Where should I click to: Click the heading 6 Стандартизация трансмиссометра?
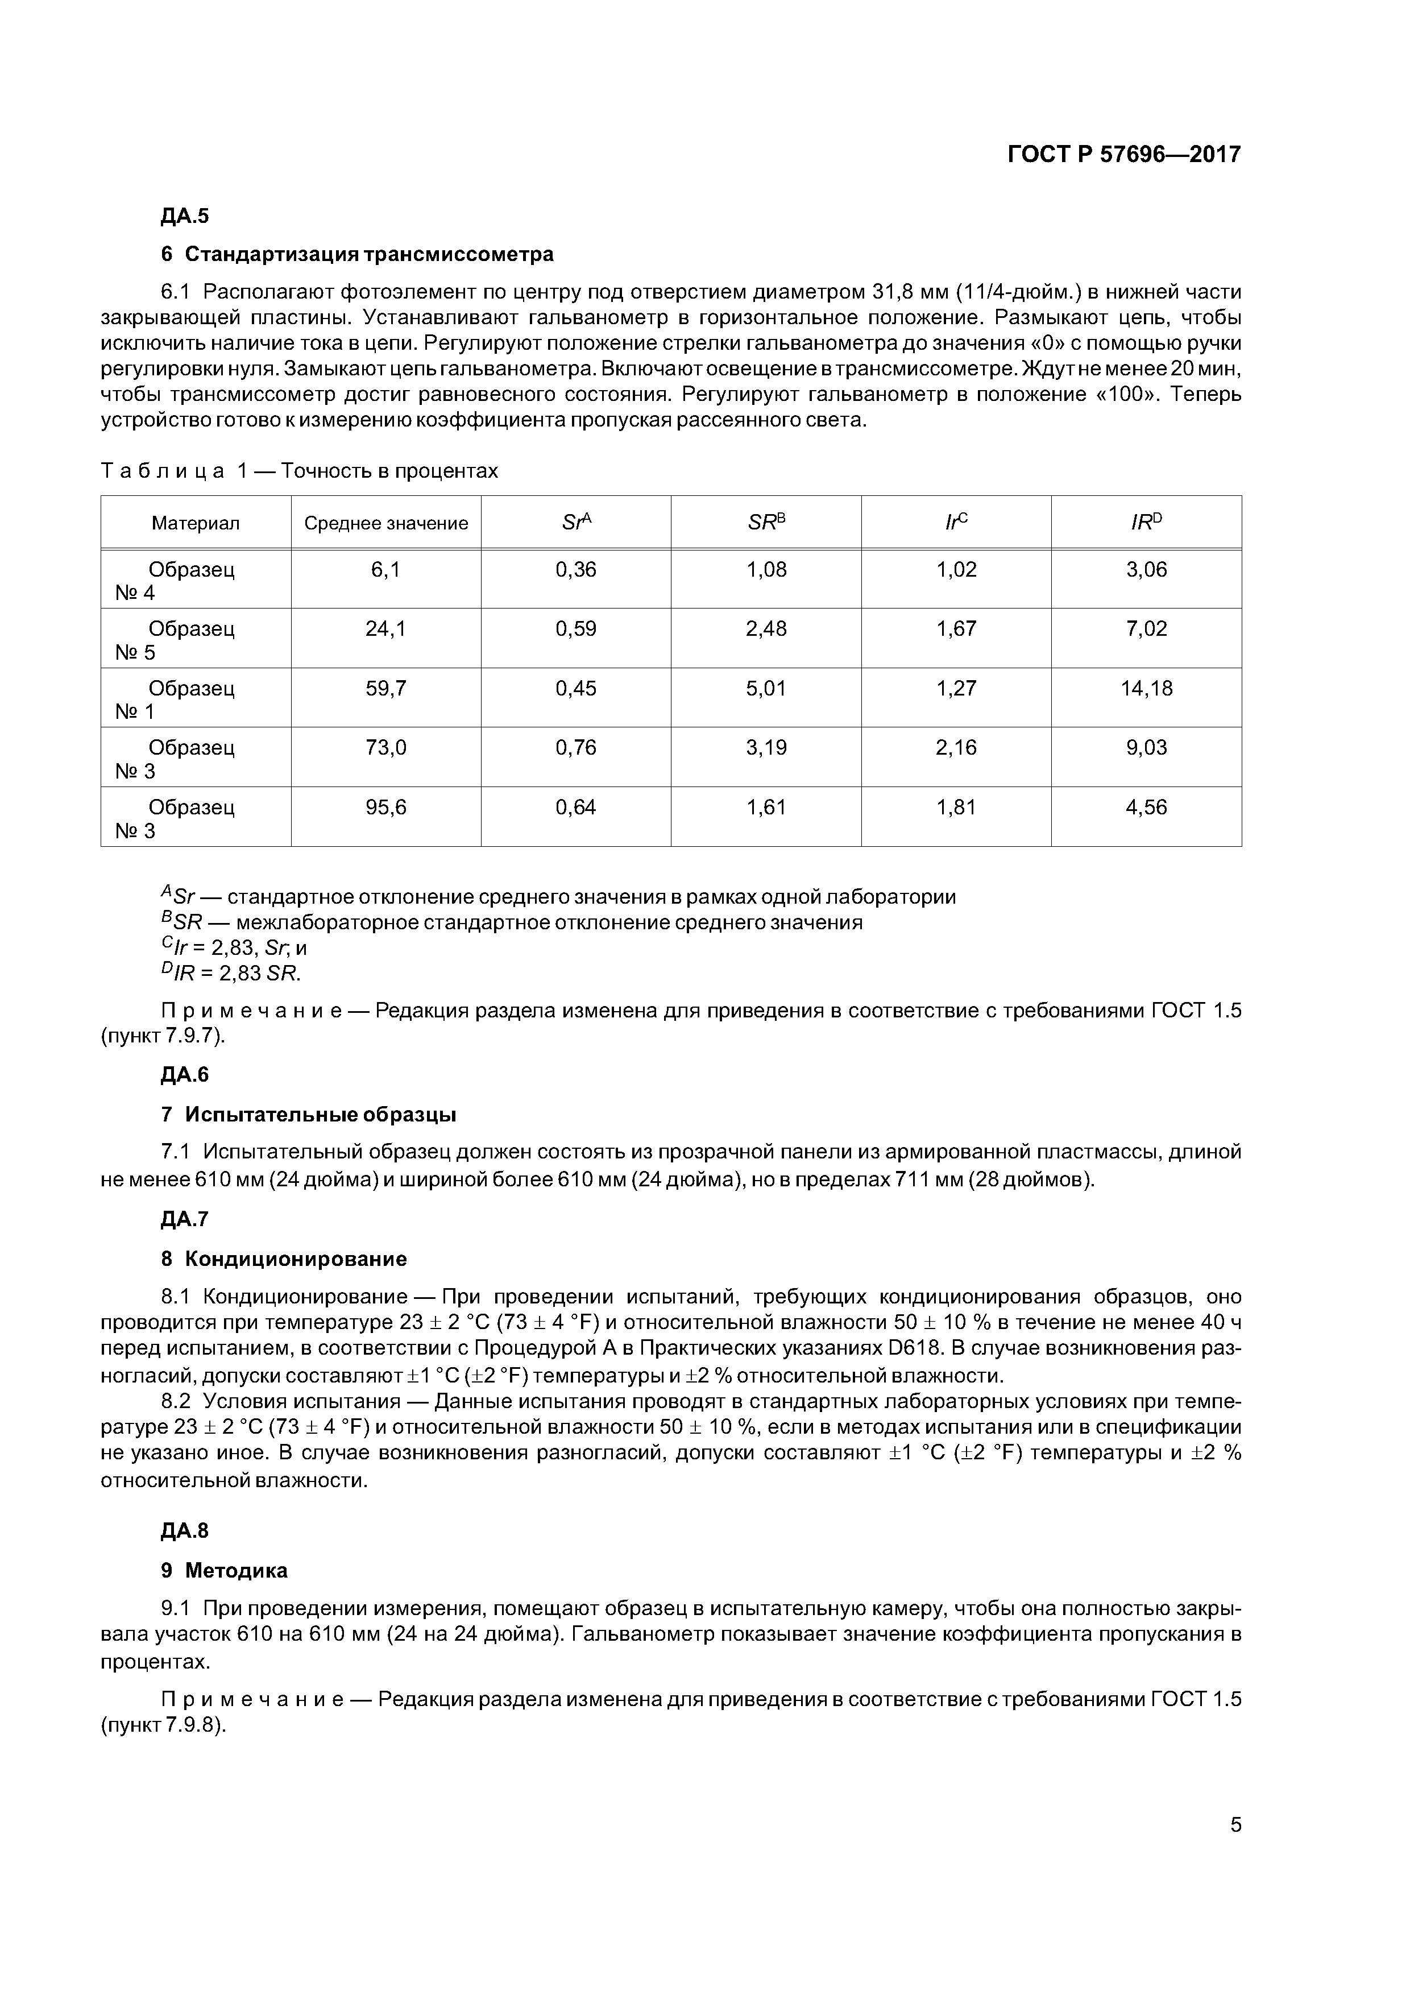click(x=357, y=255)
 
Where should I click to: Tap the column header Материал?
click(x=196, y=523)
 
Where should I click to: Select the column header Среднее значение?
click(x=385, y=523)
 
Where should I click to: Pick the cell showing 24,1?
click(x=385, y=629)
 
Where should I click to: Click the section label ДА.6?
click(x=185, y=1075)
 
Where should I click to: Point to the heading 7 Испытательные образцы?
click(x=309, y=1115)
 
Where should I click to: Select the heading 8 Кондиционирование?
click(x=284, y=1259)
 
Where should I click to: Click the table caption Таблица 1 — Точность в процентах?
click(x=300, y=471)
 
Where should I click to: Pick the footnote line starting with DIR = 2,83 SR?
click(x=231, y=973)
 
